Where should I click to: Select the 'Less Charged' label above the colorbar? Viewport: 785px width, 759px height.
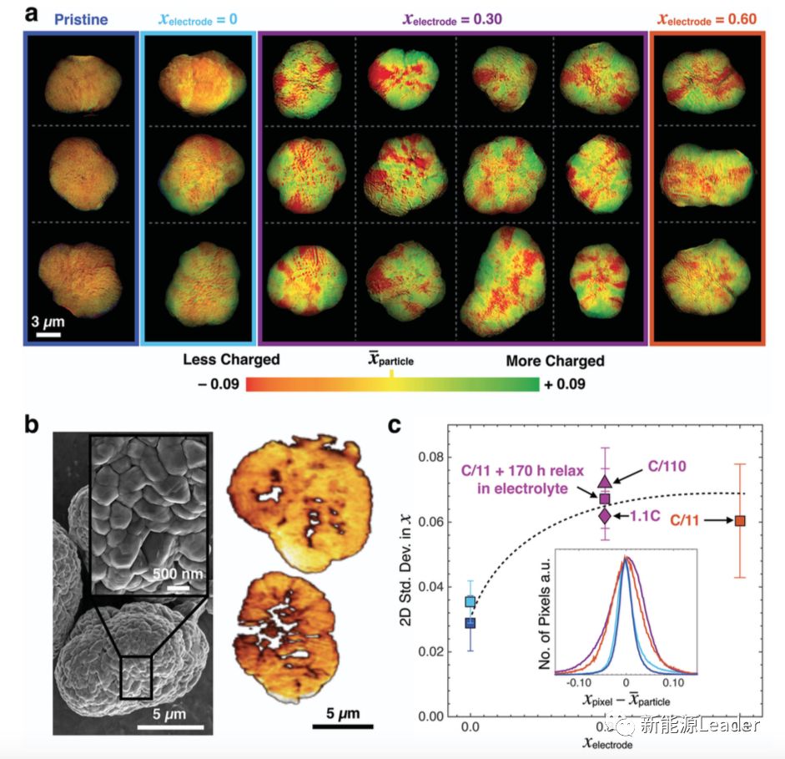tap(231, 360)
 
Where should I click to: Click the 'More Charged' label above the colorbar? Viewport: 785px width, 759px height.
tap(555, 361)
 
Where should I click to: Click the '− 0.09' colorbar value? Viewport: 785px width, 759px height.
tap(217, 385)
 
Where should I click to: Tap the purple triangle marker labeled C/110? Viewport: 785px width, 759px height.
tap(605, 480)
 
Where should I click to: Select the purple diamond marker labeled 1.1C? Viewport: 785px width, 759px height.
tap(605, 515)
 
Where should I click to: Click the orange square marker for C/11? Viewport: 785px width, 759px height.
tap(740, 521)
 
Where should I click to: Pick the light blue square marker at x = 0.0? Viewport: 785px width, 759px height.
tap(470, 601)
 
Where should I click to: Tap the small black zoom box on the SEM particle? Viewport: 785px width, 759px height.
tap(136, 676)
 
